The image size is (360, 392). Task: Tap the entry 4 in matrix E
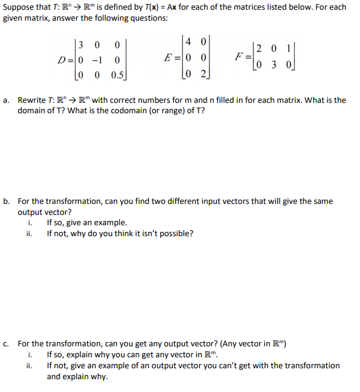pos(189,43)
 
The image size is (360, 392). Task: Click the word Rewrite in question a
pos(32,100)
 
